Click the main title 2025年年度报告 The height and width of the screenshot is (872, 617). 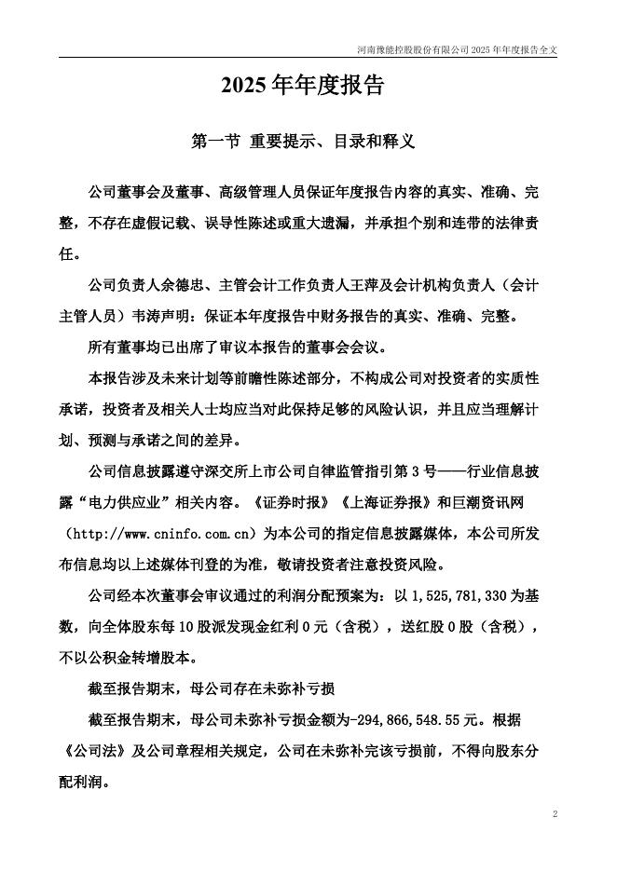(x=303, y=87)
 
